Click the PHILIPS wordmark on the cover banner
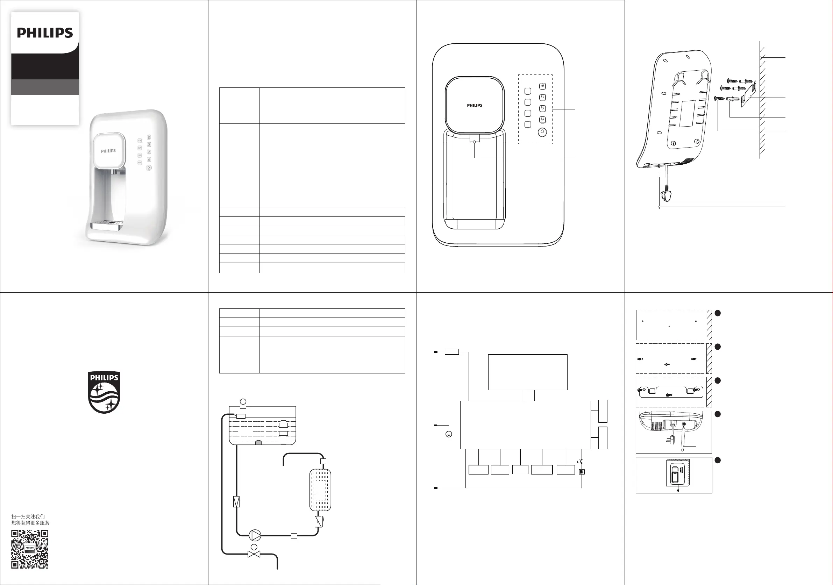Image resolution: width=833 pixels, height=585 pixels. (45, 33)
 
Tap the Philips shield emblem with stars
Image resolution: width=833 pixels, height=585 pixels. (104, 392)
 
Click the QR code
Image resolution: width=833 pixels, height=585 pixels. (30, 549)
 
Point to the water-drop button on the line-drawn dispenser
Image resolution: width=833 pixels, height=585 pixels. (542, 132)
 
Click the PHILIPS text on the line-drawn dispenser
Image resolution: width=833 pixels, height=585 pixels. (475, 105)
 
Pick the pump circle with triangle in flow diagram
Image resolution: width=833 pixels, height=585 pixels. (255, 535)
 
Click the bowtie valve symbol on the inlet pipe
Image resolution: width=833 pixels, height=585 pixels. (254, 554)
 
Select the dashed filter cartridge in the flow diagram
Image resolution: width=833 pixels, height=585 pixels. (320, 490)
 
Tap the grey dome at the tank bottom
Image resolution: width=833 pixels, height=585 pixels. (259, 442)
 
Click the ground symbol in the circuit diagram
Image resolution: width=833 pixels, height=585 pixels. (449, 434)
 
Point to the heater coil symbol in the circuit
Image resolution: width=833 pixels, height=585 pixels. (582, 472)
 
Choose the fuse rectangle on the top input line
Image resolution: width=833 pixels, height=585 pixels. (452, 351)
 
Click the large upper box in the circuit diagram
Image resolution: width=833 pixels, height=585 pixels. (527, 372)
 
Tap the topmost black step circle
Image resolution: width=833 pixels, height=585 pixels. (717, 313)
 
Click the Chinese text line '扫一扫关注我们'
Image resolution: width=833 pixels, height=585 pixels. (28, 516)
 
